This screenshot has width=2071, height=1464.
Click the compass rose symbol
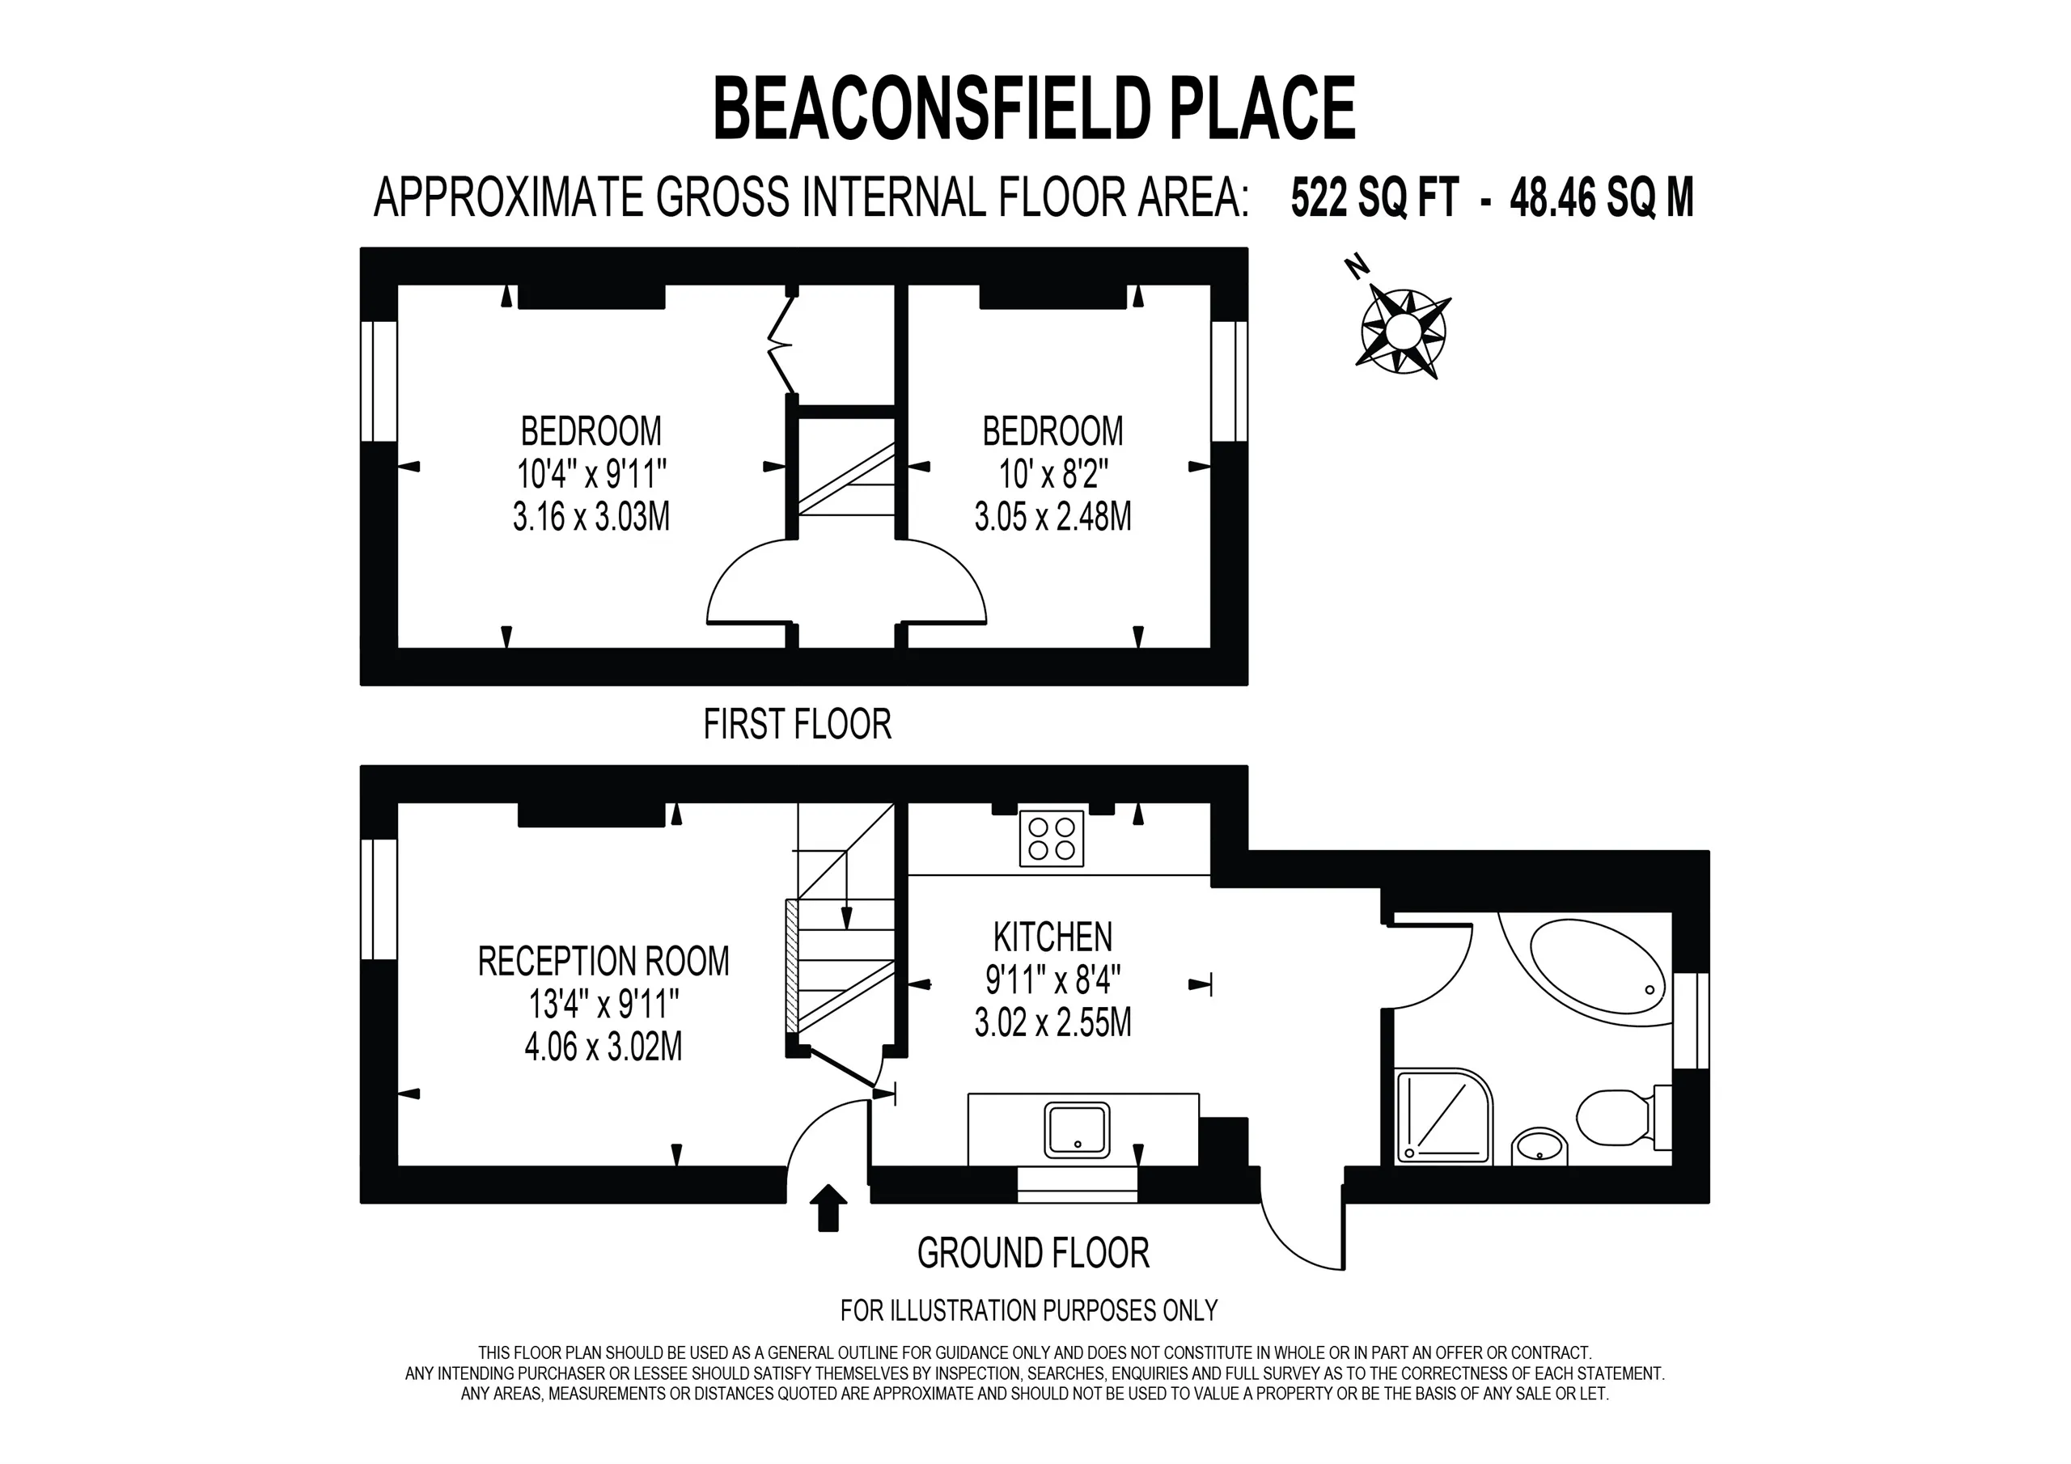coord(1403,330)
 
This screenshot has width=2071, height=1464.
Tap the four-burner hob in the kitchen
coord(1051,839)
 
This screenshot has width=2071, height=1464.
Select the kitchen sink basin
coord(1077,1130)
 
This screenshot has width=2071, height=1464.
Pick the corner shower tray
coord(1443,1116)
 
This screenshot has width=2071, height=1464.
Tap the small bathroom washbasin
coord(1539,1146)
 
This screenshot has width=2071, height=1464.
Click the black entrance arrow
coord(828,1207)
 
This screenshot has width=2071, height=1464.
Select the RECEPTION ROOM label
coord(604,962)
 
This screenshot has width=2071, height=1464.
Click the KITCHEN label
coord(1052,937)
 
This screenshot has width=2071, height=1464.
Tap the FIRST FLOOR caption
coord(798,725)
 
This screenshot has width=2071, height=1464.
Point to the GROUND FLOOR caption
coord(1034,1254)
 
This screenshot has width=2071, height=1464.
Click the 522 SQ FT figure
coord(1374,197)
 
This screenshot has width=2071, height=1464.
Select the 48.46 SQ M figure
coord(1602,197)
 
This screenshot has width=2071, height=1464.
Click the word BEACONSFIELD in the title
coord(933,108)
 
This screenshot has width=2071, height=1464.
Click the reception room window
coord(379,899)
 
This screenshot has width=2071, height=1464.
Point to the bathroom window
coord(1692,1020)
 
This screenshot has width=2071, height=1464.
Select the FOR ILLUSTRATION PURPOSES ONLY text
coord(1029,1310)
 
